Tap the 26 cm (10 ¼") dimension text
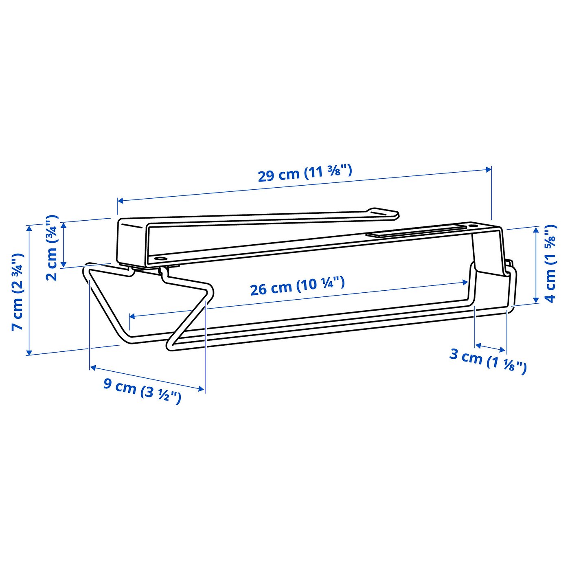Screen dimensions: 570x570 coord(297,286)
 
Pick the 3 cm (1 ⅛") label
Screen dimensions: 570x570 coord(488,360)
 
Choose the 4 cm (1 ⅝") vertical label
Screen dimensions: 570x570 coord(550,263)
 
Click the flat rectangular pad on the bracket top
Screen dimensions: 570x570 coord(415,231)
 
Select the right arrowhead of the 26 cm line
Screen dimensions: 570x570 coord(466,282)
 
